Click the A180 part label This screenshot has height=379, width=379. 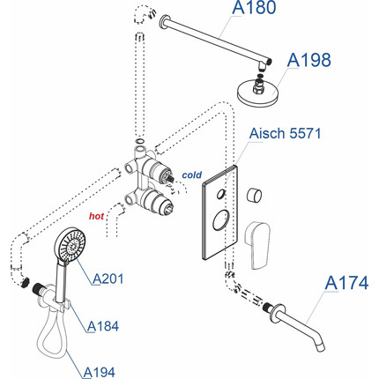pos(254,8)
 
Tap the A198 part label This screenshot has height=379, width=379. pos(308,60)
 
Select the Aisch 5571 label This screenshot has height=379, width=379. pos(285,133)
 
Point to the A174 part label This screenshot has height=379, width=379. pos(346,283)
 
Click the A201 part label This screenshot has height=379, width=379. pos(108,279)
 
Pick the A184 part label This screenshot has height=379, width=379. pos(103,326)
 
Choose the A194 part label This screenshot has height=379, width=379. pos(99,372)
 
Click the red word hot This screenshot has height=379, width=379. pos(96,216)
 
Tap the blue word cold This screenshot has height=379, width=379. pos(192,175)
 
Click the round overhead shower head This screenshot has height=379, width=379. pos(257,91)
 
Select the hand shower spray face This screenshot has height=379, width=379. pos(71,243)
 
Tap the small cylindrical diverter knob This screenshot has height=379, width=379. pos(254,195)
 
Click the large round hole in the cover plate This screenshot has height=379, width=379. pos(222,219)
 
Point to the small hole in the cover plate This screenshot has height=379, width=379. pos(221,194)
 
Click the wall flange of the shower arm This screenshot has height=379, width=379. pos(163,22)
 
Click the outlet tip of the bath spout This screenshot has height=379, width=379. pos(321,346)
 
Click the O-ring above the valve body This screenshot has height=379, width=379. pos(140,141)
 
